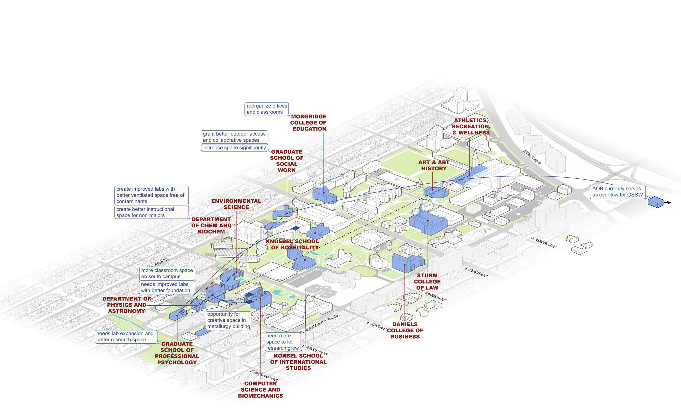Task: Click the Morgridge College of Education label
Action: tap(308, 123)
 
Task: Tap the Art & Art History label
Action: tap(434, 165)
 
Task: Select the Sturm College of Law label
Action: tap(427, 281)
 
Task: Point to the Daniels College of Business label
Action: tap(405, 330)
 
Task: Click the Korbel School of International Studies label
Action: tap(298, 362)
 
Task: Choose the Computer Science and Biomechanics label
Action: tap(260, 390)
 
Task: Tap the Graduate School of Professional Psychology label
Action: tap(177, 353)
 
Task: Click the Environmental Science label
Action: tap(236, 204)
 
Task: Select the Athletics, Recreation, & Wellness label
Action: tap(471, 126)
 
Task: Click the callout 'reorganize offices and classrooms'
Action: tap(267, 109)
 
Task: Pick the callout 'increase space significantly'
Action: tap(234, 147)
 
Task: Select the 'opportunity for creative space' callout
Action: tap(229, 320)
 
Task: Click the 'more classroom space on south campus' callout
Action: tap(167, 273)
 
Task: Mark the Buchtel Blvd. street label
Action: tap(532, 157)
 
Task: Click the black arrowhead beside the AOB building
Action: tap(669, 203)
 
